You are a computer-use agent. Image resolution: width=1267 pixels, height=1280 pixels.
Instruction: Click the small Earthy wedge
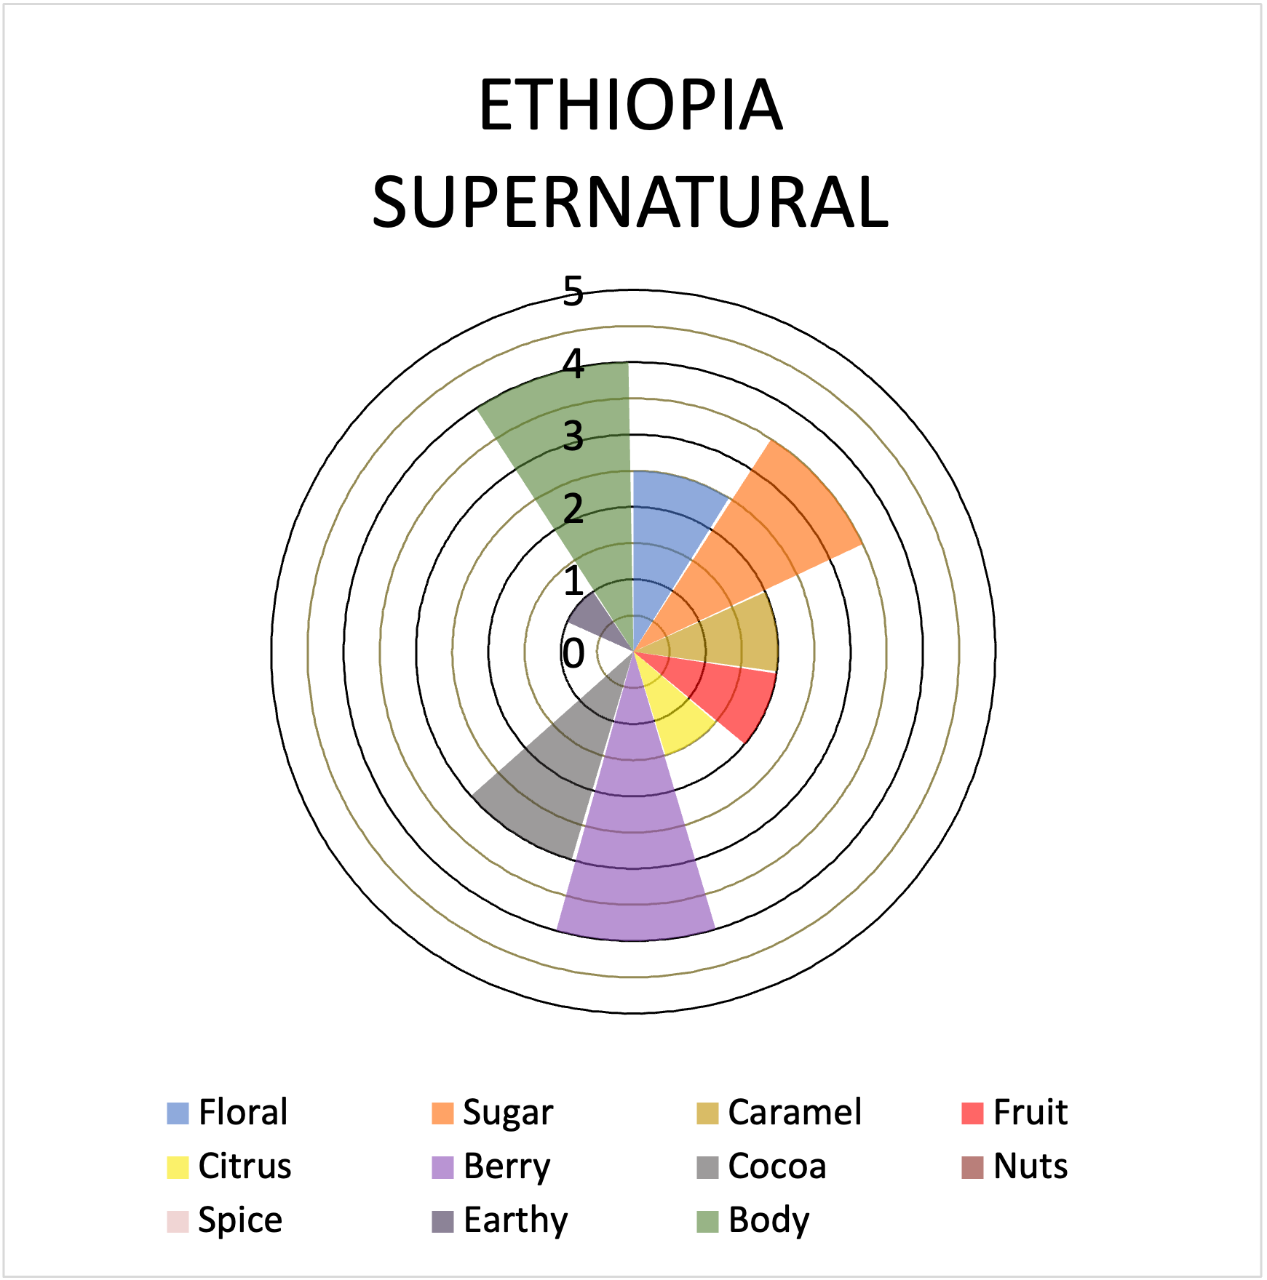593,618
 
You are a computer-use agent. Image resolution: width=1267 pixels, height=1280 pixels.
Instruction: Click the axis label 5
573,292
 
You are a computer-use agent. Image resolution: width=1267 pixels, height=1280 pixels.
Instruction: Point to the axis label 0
573,653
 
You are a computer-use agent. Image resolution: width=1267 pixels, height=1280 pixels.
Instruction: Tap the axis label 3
573,436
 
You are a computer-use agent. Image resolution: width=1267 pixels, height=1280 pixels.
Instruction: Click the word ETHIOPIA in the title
630,105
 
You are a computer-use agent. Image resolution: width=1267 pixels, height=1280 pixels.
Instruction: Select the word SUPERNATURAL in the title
630,202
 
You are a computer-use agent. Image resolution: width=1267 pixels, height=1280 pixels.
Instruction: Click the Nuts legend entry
1015,1166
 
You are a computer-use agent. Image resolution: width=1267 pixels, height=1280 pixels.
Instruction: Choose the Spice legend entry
225,1220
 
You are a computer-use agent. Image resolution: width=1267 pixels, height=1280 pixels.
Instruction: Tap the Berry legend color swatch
442,1167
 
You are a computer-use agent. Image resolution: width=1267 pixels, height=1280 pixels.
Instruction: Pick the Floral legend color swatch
178,1113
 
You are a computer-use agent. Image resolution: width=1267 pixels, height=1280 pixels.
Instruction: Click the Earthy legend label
515,1220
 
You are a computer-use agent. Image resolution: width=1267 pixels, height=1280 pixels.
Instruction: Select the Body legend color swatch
707,1220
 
